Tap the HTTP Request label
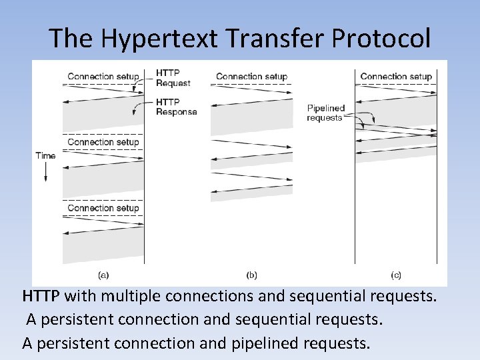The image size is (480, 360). pyautogui.click(x=173, y=78)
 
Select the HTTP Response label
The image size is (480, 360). pyautogui.click(x=176, y=107)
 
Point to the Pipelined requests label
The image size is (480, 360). pyautogui.click(x=326, y=113)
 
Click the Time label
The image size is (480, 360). pyautogui.click(x=45, y=156)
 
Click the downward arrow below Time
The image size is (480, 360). pyautogui.click(x=45, y=173)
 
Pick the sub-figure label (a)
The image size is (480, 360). pyautogui.click(x=104, y=274)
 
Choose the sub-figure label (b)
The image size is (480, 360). pyautogui.click(x=251, y=274)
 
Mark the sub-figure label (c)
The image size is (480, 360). pyautogui.click(x=396, y=274)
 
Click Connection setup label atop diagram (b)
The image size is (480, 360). pyautogui.click(x=251, y=77)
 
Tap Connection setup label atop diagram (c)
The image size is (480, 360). pyautogui.click(x=396, y=77)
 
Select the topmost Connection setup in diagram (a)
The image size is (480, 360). pyautogui.click(x=103, y=77)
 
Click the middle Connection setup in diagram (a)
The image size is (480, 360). pyautogui.click(x=103, y=142)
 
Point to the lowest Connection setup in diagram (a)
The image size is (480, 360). pyautogui.click(x=103, y=208)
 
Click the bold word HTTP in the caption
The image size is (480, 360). pyautogui.click(x=41, y=295)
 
